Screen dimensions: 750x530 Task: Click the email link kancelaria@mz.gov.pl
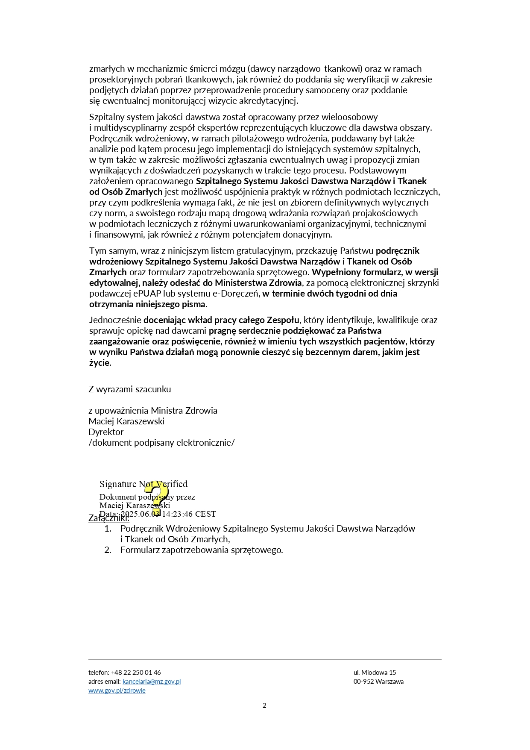tap(152, 681)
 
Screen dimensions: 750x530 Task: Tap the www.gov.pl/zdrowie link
tap(117, 690)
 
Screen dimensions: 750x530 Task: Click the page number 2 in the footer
tap(264, 705)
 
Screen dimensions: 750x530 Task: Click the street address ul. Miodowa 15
tap(375, 672)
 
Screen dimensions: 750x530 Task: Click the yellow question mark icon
tap(154, 497)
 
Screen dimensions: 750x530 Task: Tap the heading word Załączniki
tap(108, 518)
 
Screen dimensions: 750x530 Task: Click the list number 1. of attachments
tap(108, 529)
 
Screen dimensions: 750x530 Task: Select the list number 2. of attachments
tap(108, 550)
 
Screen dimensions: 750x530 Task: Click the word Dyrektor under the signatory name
tap(106, 432)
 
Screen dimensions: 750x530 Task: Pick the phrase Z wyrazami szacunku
tap(130, 389)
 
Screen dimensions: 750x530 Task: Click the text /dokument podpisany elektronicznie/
tap(161, 442)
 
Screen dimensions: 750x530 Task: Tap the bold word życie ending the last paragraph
tap(100, 363)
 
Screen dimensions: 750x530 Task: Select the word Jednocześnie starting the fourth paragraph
tap(115, 320)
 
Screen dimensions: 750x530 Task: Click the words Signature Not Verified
tap(143, 484)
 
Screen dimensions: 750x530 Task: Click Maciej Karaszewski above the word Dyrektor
tap(126, 421)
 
